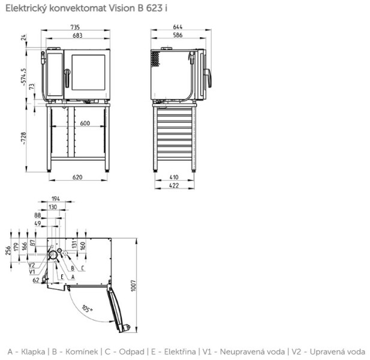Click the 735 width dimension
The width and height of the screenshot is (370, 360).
[x=75, y=27]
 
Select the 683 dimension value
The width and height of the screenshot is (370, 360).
[x=77, y=35]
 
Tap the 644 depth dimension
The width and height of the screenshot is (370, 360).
[x=178, y=27]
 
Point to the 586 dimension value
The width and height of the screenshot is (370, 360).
[x=178, y=35]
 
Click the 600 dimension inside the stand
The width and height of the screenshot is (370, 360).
[x=85, y=123]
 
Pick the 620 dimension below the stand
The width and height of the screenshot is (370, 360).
[x=77, y=177]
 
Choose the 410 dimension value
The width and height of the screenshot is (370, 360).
[x=174, y=177]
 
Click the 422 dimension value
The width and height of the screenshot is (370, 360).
[x=174, y=185]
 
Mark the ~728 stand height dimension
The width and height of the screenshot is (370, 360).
[x=23, y=138]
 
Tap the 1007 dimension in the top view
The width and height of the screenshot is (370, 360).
[x=133, y=286]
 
